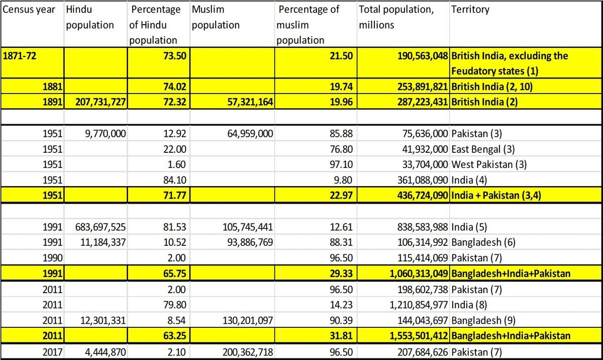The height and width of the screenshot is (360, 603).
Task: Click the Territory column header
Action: point(470,10)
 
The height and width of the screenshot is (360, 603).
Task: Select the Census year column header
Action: point(29,10)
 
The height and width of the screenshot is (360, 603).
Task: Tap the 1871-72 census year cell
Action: point(20,56)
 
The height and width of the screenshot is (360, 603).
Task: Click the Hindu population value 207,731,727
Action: point(100,102)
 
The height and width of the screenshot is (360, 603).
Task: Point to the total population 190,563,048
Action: point(423,56)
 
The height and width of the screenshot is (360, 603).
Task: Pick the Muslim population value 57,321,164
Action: point(250,102)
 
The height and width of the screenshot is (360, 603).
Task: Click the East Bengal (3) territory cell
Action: point(483,149)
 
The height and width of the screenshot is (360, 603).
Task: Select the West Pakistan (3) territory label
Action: point(489,164)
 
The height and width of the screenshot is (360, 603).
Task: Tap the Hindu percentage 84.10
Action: point(175,180)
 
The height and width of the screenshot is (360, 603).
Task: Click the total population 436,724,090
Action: point(423,195)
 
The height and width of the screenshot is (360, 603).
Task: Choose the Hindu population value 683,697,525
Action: point(100,227)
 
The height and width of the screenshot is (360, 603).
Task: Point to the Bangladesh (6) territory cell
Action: point(483,242)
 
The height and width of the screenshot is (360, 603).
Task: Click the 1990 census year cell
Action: point(52,258)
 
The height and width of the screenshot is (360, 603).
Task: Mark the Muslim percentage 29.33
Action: point(341,274)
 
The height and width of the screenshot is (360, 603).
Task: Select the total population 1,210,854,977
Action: point(419,305)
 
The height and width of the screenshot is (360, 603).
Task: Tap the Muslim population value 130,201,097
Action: point(248,320)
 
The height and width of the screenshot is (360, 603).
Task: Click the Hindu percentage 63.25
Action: point(175,336)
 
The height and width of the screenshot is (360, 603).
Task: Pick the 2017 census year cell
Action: point(52,352)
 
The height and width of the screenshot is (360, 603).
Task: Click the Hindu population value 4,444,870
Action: point(106,352)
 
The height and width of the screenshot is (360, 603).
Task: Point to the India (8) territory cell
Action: point(469,305)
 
